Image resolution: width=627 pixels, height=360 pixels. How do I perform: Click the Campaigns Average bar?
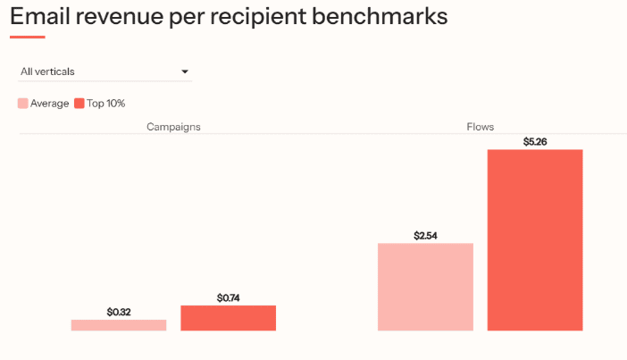119,325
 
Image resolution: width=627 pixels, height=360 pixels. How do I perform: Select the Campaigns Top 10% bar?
228,318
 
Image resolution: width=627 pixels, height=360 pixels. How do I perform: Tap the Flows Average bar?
425,287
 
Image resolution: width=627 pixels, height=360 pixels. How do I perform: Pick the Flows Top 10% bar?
535,239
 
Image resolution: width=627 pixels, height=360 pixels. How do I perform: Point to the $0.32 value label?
119,312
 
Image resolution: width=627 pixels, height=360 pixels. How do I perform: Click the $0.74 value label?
229,297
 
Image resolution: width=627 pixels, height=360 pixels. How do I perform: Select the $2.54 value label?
426,236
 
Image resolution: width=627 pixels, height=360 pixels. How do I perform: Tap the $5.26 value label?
535,142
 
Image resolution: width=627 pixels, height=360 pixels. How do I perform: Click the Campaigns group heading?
173,127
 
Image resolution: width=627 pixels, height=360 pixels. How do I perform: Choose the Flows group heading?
480,127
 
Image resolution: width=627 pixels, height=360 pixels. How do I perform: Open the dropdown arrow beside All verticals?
185,71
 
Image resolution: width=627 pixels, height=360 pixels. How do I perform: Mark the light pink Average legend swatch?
23,104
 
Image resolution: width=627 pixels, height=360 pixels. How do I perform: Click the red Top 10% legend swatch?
79,104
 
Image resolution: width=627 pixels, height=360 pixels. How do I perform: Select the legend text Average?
49,104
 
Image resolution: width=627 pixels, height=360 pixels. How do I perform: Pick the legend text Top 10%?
105,104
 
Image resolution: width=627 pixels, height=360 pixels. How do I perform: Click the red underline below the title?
27,38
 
